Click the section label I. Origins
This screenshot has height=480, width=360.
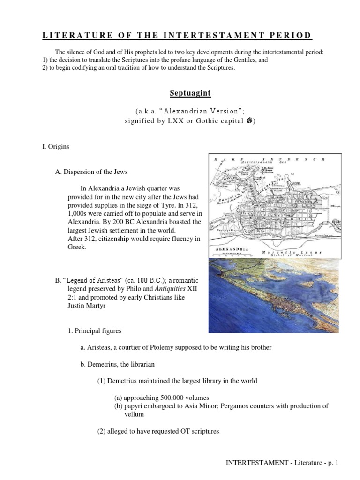point(55,147)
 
